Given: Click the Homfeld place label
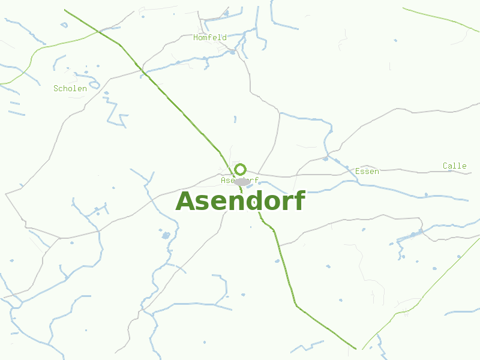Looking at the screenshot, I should [x=210, y=37].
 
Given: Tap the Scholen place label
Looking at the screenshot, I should [x=70, y=88].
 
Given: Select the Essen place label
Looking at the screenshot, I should [x=367, y=171].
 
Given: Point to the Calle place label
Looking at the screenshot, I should [x=455, y=166].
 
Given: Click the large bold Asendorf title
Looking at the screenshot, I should [x=240, y=201].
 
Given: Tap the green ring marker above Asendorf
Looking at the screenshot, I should [x=241, y=169].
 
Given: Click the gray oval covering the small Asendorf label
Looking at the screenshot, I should [x=242, y=182].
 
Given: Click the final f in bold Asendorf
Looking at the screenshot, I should [x=300, y=200].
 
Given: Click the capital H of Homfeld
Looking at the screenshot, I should [x=196, y=37].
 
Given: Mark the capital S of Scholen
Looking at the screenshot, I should [x=56, y=88].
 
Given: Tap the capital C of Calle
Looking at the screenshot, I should [x=446, y=166].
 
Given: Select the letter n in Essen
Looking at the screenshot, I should [x=376, y=172].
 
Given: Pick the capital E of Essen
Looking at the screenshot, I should [x=358, y=171].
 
